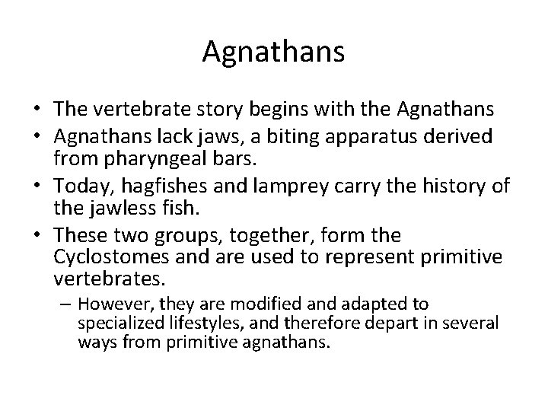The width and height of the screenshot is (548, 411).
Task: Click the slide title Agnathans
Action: point(274,52)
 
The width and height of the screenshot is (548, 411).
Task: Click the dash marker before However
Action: point(65,304)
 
